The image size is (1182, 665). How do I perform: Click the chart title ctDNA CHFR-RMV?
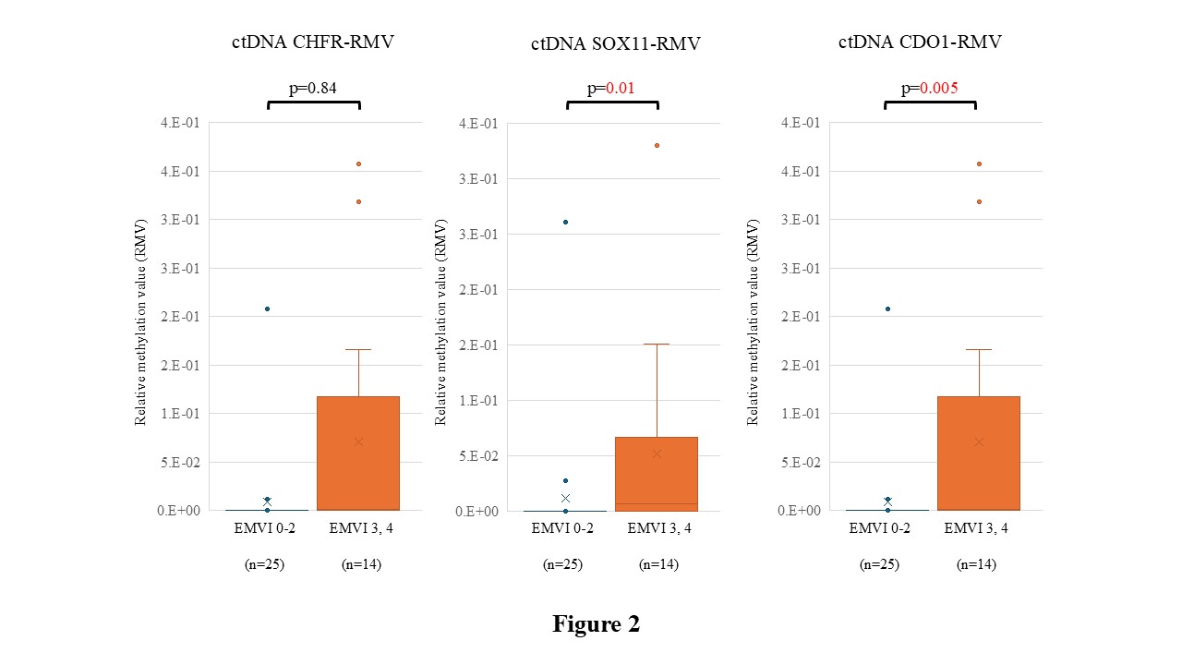[313, 42]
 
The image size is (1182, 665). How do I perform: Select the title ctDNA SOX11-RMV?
[616, 43]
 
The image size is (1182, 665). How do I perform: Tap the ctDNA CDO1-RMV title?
[920, 42]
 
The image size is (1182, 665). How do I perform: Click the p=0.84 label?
[313, 88]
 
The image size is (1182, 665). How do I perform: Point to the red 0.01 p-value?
[620, 88]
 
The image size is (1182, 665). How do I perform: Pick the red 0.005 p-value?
[939, 88]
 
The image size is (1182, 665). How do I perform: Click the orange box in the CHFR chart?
[358, 453]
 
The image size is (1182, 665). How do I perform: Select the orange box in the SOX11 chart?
[657, 474]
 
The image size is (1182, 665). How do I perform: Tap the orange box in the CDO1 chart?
[979, 453]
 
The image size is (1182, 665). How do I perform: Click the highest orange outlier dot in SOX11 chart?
[657, 146]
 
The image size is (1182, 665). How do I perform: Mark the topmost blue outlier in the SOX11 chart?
[566, 223]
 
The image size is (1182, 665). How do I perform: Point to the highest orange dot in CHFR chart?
[359, 164]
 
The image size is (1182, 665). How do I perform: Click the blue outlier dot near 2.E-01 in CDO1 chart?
[888, 308]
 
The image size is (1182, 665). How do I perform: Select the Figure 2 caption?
[597, 623]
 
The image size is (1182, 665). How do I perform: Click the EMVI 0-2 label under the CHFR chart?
[264, 528]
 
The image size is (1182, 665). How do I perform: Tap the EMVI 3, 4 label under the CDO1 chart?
[976, 528]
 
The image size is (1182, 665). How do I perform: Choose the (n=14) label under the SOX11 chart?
[658, 564]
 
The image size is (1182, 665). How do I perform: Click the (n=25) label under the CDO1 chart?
[879, 564]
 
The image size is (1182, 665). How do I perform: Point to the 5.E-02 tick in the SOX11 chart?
[478, 455]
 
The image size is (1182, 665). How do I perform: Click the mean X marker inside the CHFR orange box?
[359, 441]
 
